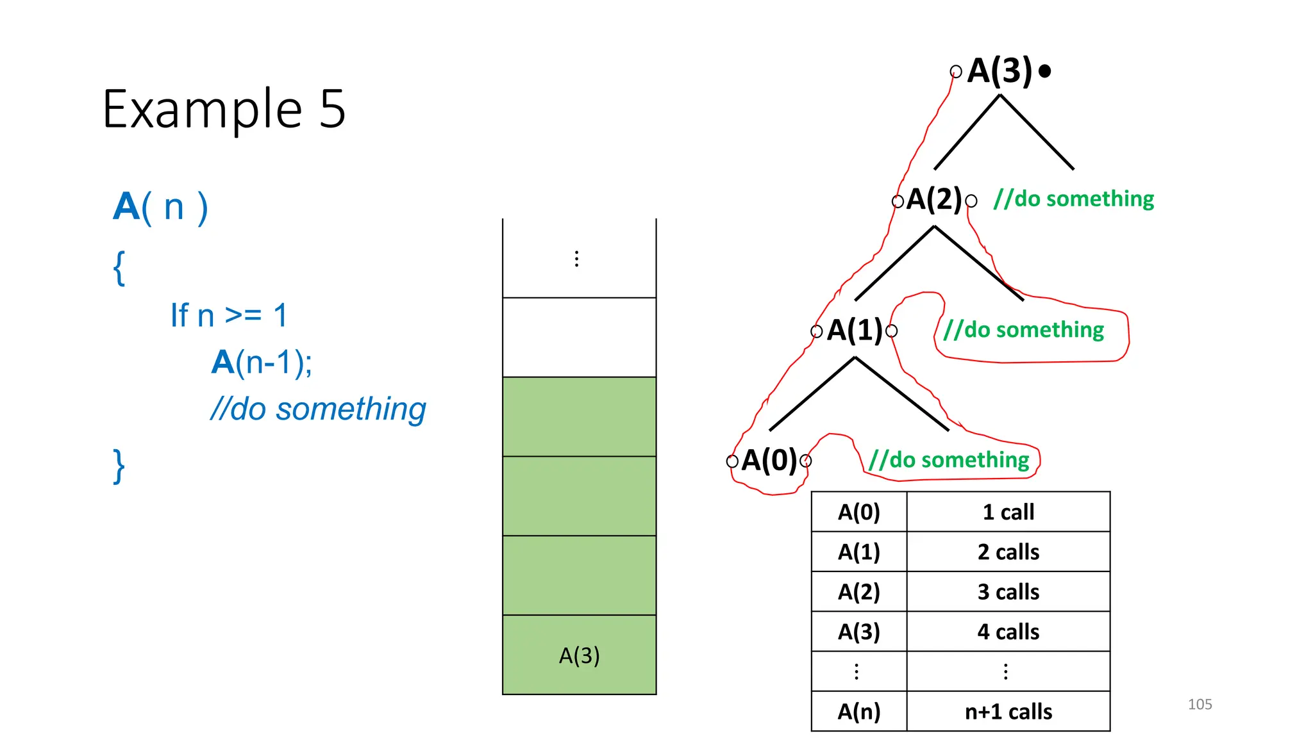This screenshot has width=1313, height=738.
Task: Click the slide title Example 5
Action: tap(224, 109)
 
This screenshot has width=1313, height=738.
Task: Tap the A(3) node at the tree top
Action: tap(999, 70)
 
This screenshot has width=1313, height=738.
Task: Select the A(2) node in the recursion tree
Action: tap(934, 200)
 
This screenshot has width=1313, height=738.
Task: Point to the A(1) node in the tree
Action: tap(855, 331)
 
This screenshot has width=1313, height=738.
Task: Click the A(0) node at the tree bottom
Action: tap(769, 461)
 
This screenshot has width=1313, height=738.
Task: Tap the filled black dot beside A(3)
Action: tap(1044, 71)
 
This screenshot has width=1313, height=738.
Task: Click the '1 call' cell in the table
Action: tap(1008, 512)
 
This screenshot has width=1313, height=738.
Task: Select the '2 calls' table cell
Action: tap(1008, 552)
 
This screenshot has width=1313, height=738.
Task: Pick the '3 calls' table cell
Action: tap(1008, 592)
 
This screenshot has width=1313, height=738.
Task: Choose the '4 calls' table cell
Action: tap(1008, 632)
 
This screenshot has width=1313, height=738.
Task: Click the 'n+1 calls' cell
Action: tap(1008, 712)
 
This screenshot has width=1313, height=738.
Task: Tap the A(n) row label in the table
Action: tap(858, 712)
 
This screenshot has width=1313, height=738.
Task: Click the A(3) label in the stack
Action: tap(579, 655)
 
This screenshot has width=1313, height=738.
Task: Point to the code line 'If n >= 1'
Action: tap(229, 316)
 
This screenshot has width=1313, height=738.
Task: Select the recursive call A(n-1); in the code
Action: tap(262, 363)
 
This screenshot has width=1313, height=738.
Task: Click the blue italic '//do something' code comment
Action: tap(318, 409)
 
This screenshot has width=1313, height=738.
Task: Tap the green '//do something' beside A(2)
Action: tap(1073, 199)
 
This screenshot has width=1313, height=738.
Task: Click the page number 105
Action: tap(1200, 705)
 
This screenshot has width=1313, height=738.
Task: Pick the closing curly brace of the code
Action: tap(119, 466)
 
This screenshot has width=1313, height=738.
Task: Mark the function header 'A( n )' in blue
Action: tap(161, 208)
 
